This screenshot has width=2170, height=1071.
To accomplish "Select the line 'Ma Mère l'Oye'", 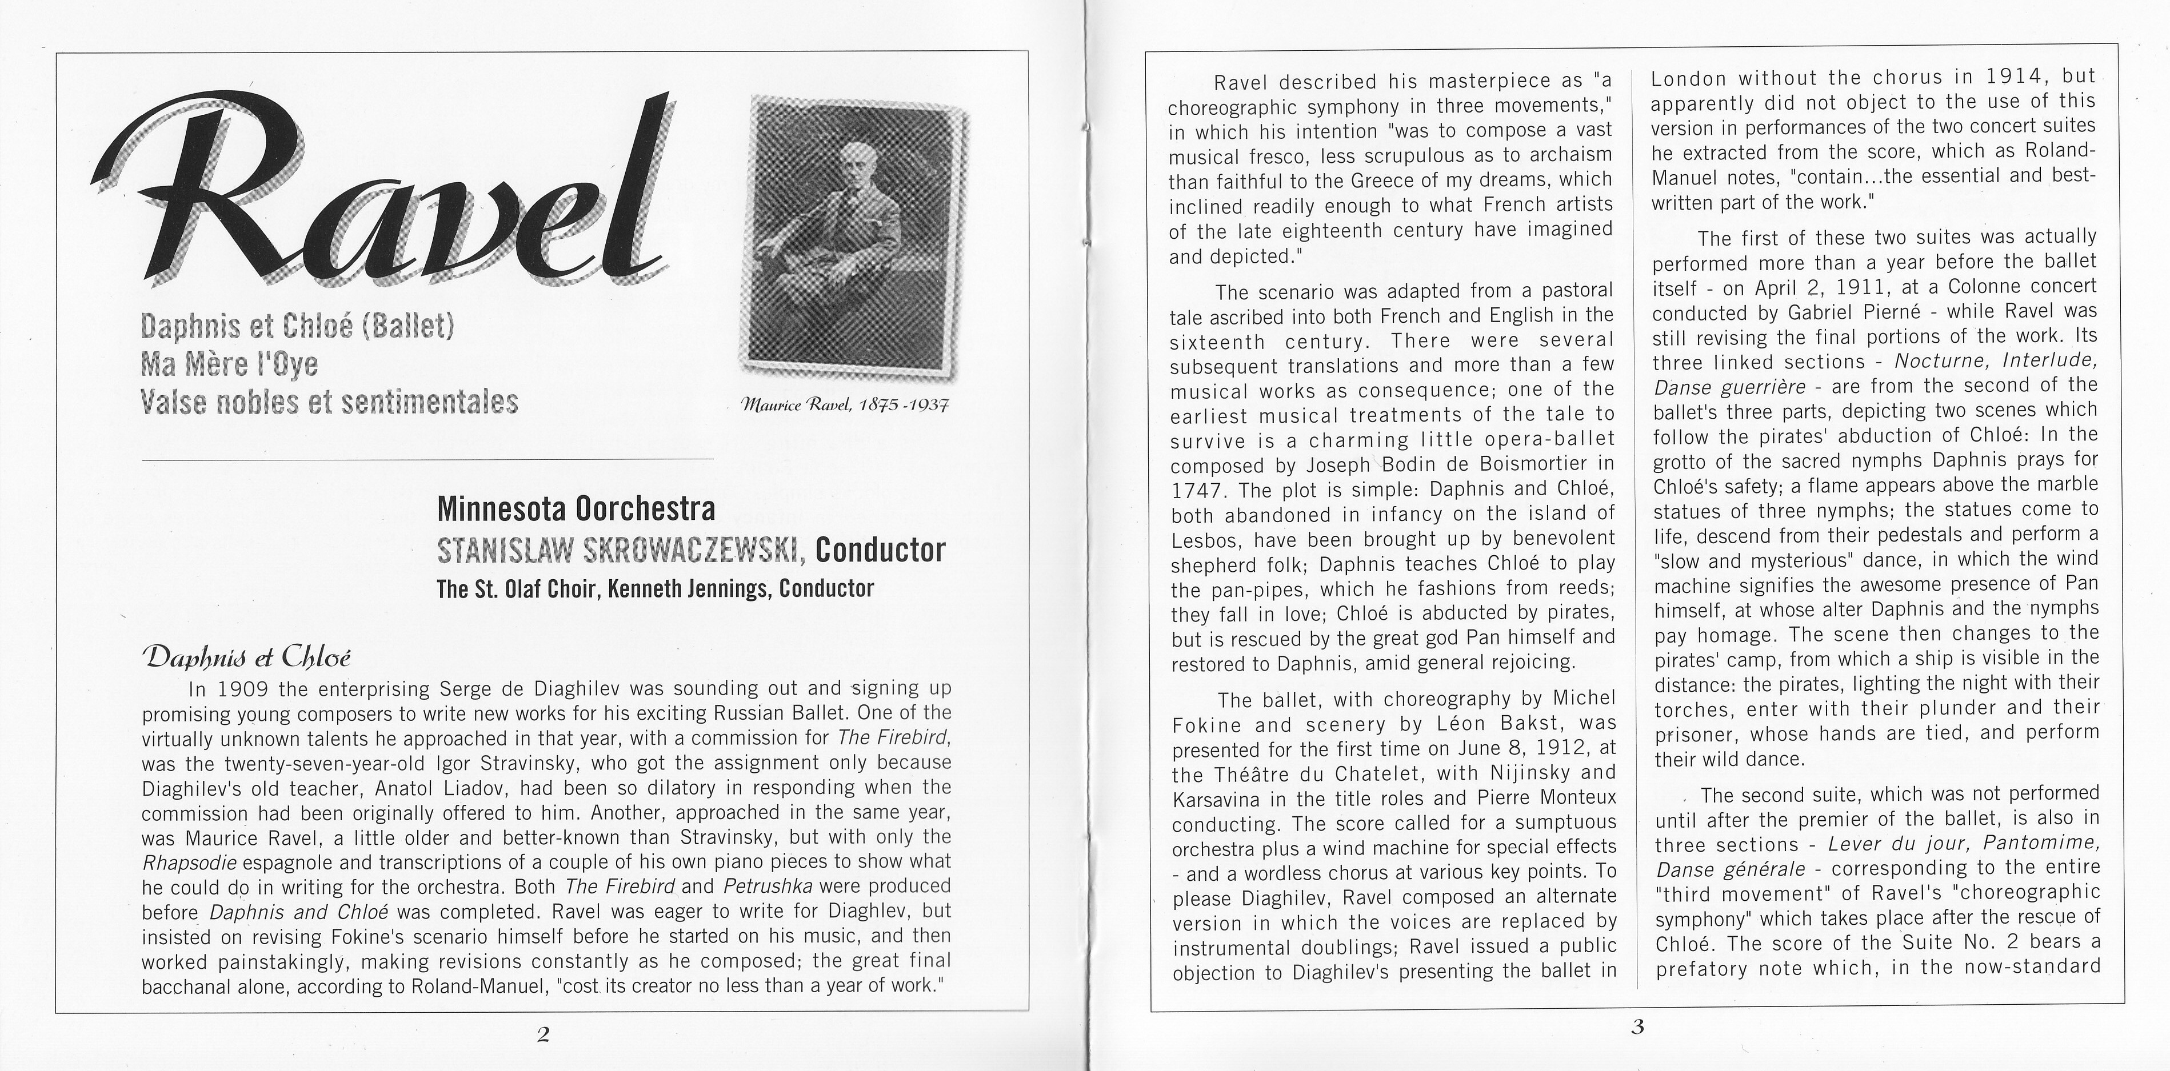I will tap(229, 364).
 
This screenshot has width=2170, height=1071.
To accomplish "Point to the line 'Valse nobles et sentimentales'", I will tap(329, 402).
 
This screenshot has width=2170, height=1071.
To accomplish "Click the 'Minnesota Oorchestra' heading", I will tap(576, 508).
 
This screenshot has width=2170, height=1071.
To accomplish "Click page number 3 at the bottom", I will tap(1637, 1027).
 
